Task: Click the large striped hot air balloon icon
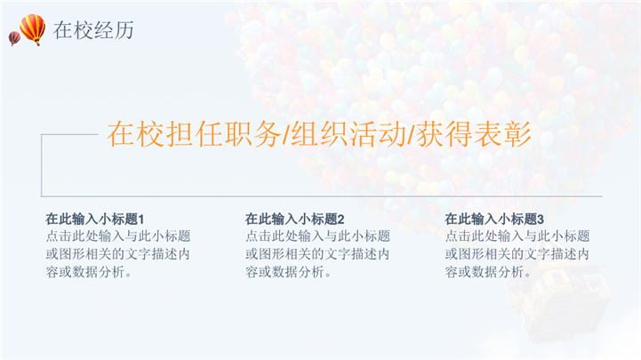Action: (x=33, y=29)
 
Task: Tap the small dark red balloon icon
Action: (x=14, y=38)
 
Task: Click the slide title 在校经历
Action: (x=93, y=30)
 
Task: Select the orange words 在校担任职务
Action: (x=194, y=134)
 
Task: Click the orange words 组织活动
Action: (x=349, y=134)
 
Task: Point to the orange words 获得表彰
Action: (x=473, y=134)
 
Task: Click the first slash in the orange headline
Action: (x=286, y=135)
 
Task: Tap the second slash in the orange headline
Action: (x=412, y=135)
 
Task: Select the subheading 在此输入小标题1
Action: (x=95, y=219)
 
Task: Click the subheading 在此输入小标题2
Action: (x=295, y=219)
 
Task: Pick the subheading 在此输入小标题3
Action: (x=494, y=219)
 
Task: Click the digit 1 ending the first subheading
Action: (x=141, y=220)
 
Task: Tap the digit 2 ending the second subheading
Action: (x=341, y=220)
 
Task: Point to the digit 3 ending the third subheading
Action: (x=541, y=220)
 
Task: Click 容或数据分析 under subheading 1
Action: (x=85, y=272)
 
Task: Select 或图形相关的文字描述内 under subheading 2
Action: (x=317, y=253)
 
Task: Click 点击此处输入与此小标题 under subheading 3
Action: (x=517, y=236)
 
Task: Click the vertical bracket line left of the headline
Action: (x=42, y=165)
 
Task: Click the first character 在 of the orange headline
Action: (x=121, y=134)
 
